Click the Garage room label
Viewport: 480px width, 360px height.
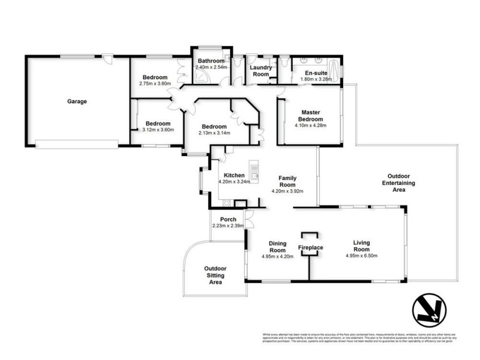point(77,101)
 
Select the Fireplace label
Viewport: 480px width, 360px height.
point(311,247)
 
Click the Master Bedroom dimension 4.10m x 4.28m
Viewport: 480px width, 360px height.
point(309,126)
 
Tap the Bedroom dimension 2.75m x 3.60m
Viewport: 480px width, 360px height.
point(155,83)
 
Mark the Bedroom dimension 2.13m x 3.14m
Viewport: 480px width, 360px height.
point(214,133)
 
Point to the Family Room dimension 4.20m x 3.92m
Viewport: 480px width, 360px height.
point(287,191)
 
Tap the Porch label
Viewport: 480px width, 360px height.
point(228,219)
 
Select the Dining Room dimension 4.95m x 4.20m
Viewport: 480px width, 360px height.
point(277,256)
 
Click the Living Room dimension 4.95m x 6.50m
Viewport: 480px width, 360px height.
point(361,256)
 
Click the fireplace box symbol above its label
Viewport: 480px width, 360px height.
point(310,236)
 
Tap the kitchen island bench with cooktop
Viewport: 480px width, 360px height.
point(255,172)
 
